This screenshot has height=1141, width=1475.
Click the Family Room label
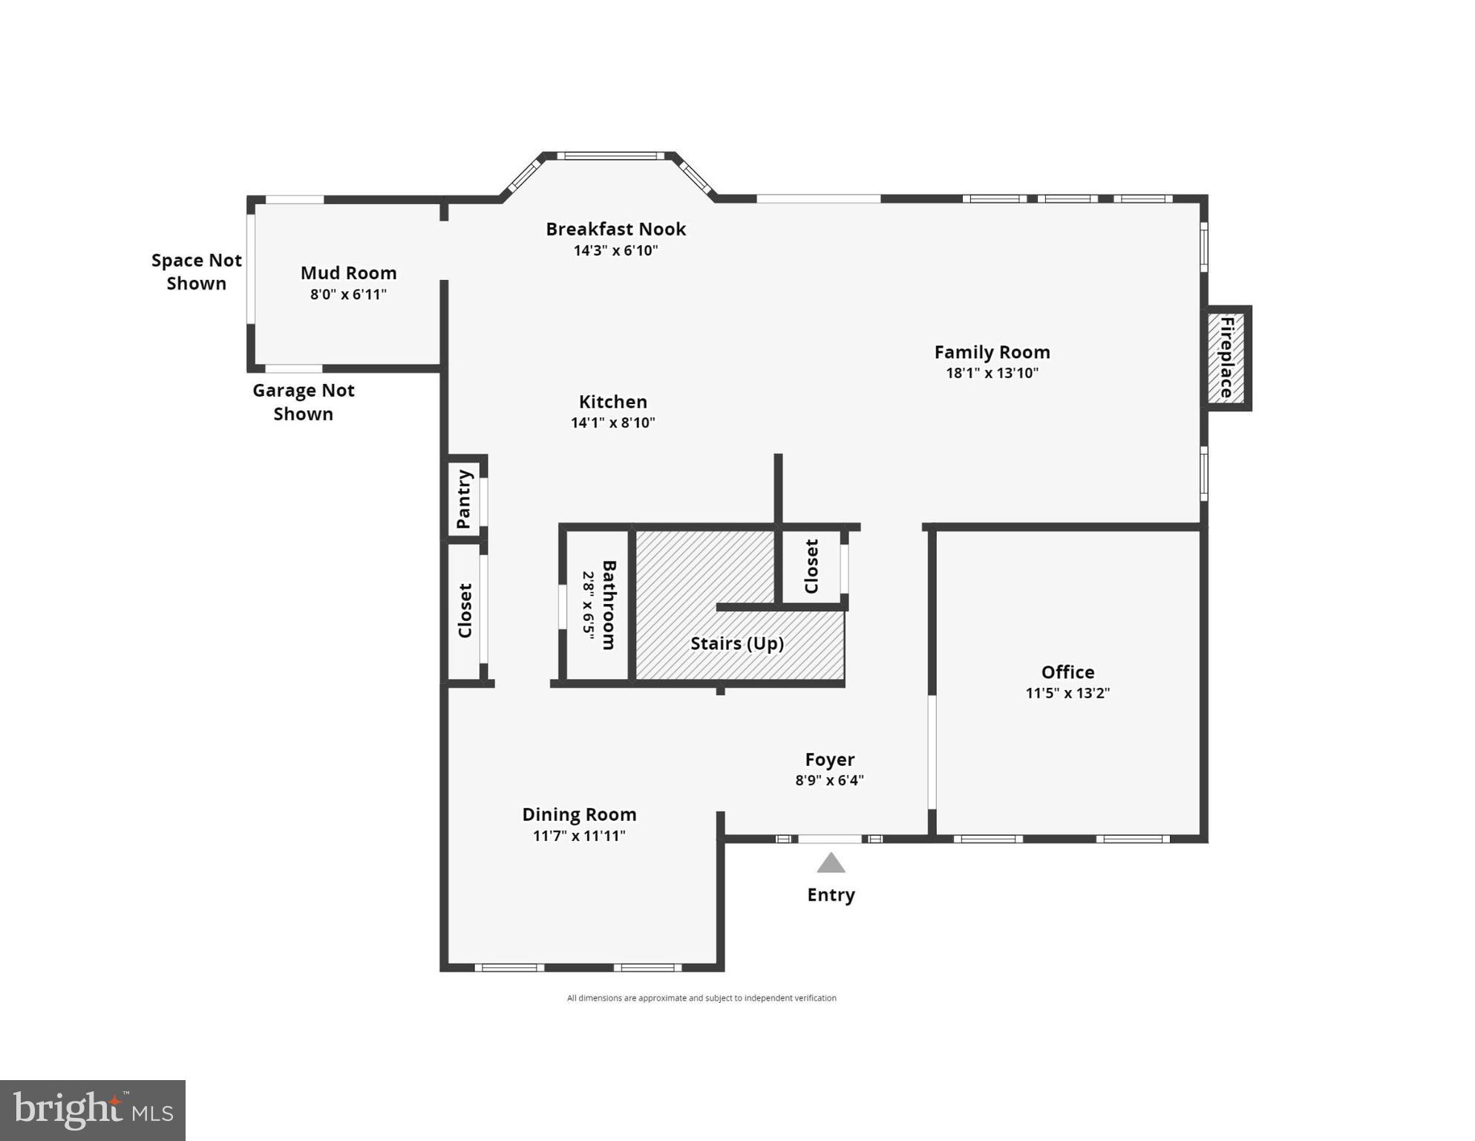tap(992, 352)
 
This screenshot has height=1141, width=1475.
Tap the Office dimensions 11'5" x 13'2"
tap(1067, 693)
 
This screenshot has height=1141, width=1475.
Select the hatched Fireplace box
tap(1226, 358)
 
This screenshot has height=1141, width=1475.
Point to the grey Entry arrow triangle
tap(831, 864)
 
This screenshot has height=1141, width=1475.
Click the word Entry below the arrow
tap(831, 894)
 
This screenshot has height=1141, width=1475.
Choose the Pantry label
tap(464, 499)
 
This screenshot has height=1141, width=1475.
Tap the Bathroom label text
tap(609, 605)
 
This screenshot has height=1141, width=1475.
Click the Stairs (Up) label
tap(737, 643)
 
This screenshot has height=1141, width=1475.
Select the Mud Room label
tap(348, 273)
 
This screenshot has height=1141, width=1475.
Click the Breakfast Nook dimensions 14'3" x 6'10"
tap(615, 250)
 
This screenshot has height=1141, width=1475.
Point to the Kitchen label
tap(612, 402)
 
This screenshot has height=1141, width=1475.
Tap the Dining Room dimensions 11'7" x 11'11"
tap(579, 836)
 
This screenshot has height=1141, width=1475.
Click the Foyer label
tap(830, 759)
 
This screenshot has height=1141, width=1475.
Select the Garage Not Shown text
tap(304, 402)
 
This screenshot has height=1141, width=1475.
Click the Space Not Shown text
tap(197, 272)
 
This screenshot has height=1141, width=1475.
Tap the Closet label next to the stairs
tap(811, 567)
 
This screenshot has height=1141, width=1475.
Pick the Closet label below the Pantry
tap(465, 611)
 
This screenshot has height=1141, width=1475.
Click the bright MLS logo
tap(93, 1111)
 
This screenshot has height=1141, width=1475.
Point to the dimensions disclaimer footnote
tap(701, 998)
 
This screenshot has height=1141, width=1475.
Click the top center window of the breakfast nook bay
tap(611, 156)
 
